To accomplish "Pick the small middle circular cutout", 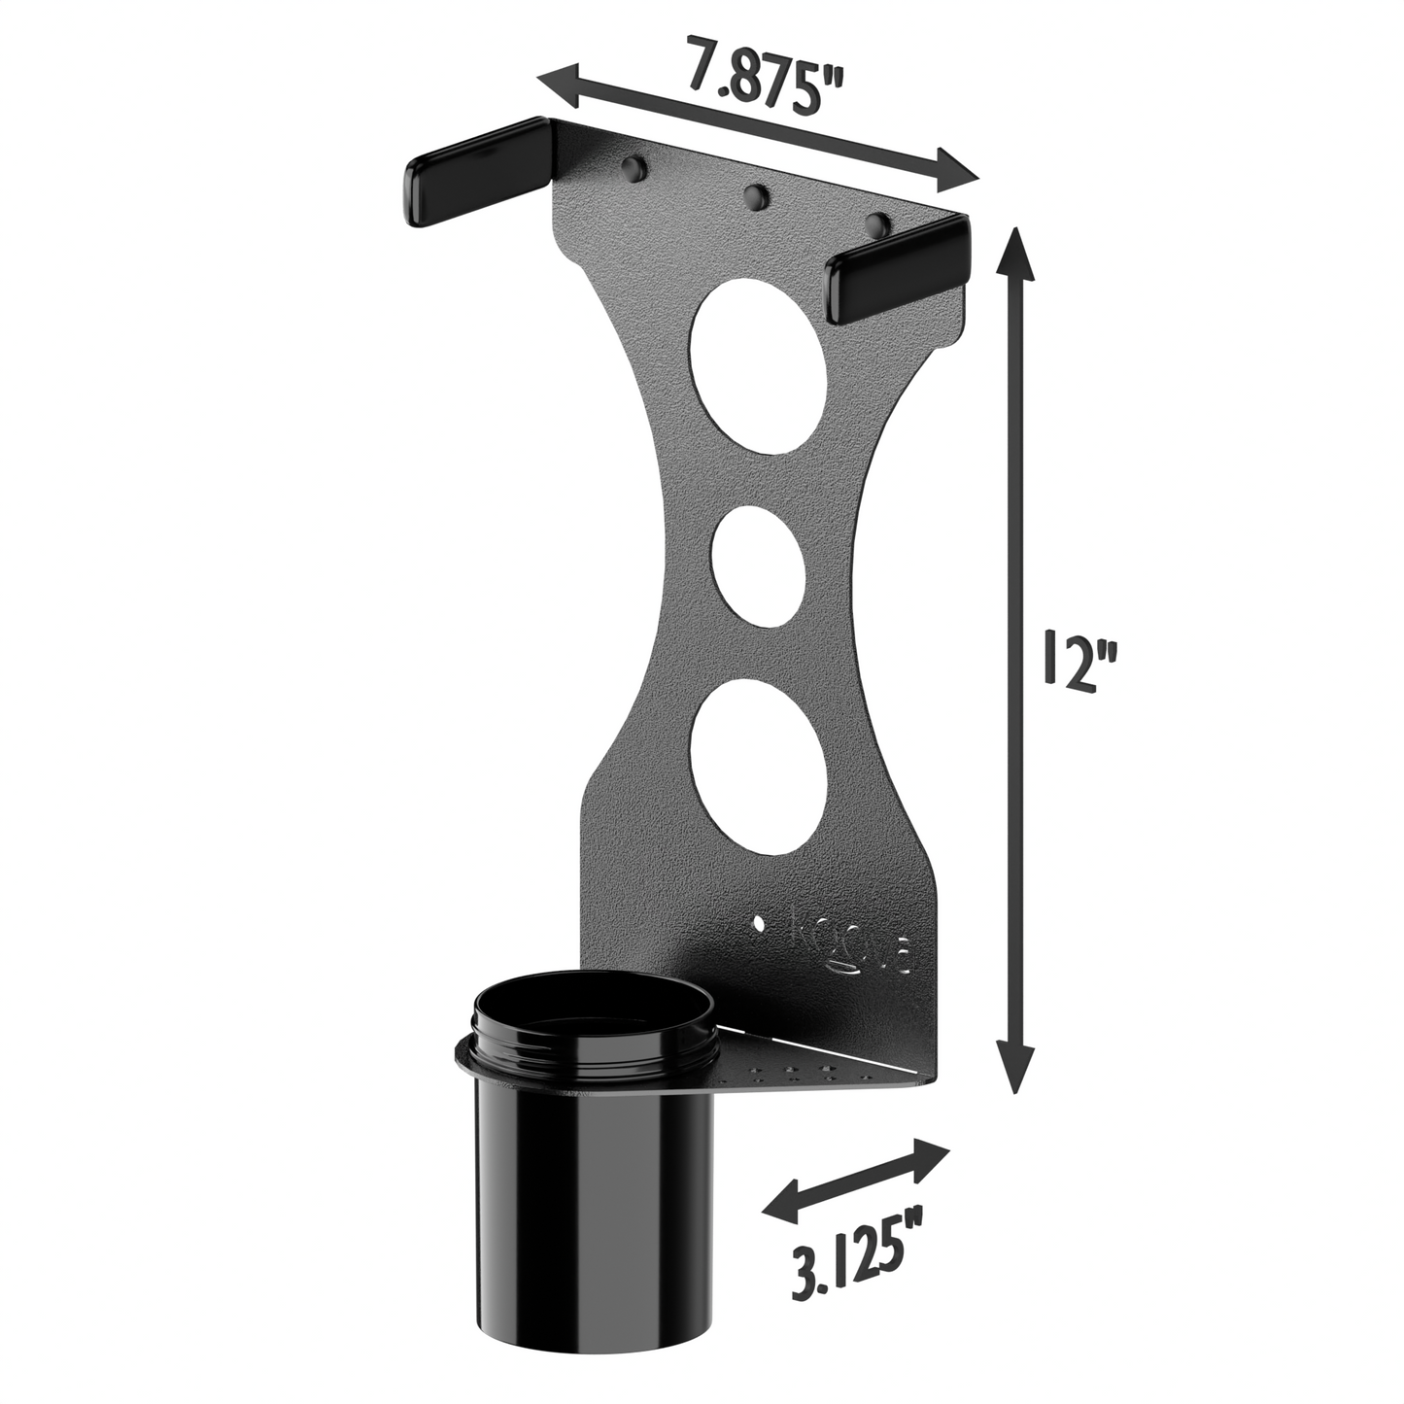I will (x=758, y=565).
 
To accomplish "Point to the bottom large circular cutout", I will (x=758, y=760).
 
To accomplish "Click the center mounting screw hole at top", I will (x=753, y=198).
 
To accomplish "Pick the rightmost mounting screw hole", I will (x=876, y=226).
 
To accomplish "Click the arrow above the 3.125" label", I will (x=855, y=1180).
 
